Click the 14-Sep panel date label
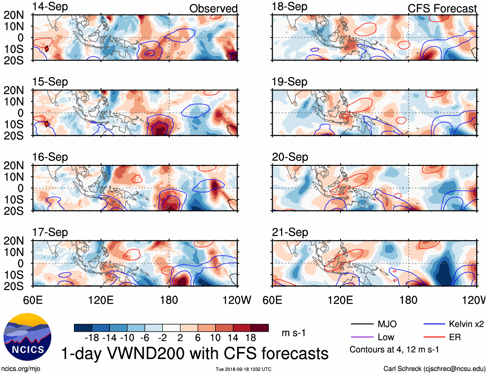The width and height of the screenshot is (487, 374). click(50, 6)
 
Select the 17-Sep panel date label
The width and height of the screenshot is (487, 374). click(50, 232)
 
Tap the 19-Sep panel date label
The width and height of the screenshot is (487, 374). click(289, 82)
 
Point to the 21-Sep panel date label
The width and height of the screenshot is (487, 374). click(290, 232)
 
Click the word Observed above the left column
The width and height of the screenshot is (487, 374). click(213, 8)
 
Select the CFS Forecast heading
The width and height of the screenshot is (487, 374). click(442, 8)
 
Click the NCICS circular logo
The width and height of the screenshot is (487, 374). click(27, 337)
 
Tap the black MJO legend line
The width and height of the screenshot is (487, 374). click(362, 324)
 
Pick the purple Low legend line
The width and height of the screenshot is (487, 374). click(362, 337)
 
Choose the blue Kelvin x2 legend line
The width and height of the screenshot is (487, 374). click(434, 324)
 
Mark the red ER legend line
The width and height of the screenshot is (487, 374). click(434, 337)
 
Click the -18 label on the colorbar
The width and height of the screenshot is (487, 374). click(92, 338)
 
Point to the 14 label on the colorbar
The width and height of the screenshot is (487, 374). click(233, 338)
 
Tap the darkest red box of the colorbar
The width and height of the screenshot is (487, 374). click(260, 328)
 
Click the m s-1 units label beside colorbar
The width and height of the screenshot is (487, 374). click(293, 333)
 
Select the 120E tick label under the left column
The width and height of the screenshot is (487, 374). click(101, 300)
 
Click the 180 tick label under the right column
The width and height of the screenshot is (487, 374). click(408, 300)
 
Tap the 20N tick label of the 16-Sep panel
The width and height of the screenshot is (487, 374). click(14, 166)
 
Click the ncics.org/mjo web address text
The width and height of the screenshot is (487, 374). click(21, 369)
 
